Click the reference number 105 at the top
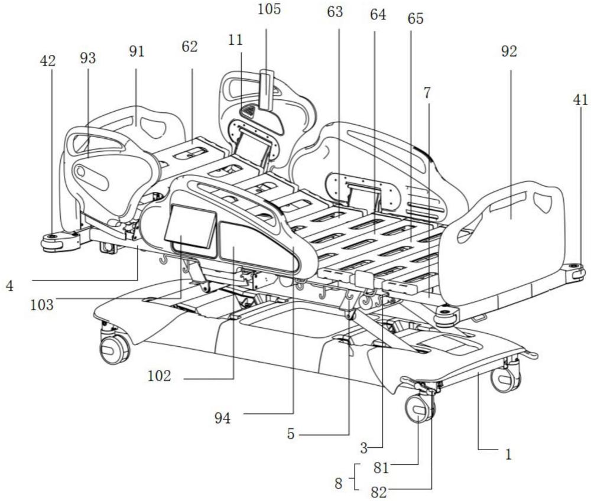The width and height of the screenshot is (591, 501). click(x=269, y=9)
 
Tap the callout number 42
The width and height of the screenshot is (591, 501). click(x=47, y=61)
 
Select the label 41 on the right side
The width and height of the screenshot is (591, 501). click(x=580, y=100)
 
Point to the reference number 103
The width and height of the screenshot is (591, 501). click(x=42, y=304)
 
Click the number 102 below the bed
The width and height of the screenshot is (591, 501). click(x=159, y=376)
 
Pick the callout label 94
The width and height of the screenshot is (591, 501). click(x=222, y=418)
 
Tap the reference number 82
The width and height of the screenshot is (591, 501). click(x=379, y=493)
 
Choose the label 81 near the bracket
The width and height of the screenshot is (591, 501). click(x=381, y=468)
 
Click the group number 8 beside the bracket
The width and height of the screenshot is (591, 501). click(x=339, y=483)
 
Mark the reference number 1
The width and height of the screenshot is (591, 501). click(x=508, y=455)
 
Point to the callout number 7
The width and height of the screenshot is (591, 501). click(x=427, y=93)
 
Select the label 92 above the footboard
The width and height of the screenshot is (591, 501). click(x=509, y=51)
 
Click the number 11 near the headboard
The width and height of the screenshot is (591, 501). click(x=235, y=40)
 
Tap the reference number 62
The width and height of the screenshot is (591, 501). click(x=189, y=47)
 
